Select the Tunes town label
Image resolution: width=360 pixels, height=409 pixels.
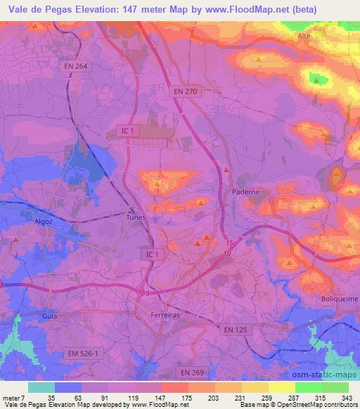pyautogui.click(x=136, y=217)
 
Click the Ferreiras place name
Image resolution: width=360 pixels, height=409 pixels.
pyautogui.click(x=167, y=316)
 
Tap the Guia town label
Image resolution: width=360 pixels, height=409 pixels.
pyautogui.click(x=49, y=316)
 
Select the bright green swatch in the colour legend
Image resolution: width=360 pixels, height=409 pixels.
pyautogui.click(x=308, y=387)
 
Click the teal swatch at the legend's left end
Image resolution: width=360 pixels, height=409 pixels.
pyautogui.click(x=41, y=387)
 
